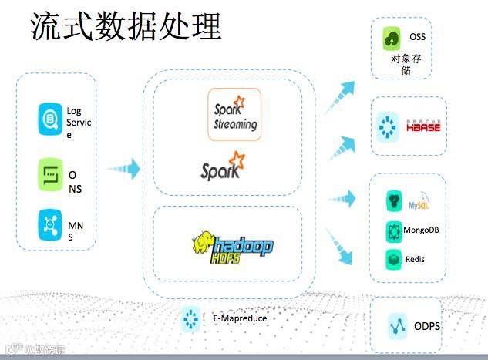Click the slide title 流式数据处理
[125, 26]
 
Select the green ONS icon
[50, 174]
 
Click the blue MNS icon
[50, 225]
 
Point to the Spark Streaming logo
[234, 114]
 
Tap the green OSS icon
[393, 36]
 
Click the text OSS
[417, 37]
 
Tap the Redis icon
[393, 258]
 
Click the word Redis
[415, 259]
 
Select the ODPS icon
[398, 326]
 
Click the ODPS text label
[426, 326]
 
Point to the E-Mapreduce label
[234, 317]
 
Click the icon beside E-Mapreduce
[190, 317]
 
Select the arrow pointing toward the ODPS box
[340, 245]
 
